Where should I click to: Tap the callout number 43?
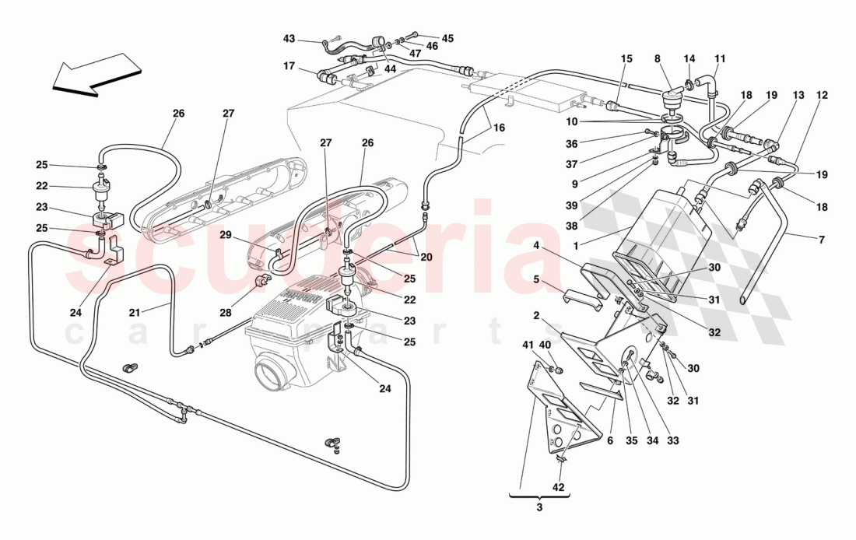pyautogui.click(x=289, y=39)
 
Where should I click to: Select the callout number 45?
pyautogui.click(x=447, y=38)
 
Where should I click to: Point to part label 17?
pyautogui.click(x=289, y=67)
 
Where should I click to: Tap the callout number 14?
pyautogui.click(x=689, y=58)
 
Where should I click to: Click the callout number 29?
pyautogui.click(x=225, y=234)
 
